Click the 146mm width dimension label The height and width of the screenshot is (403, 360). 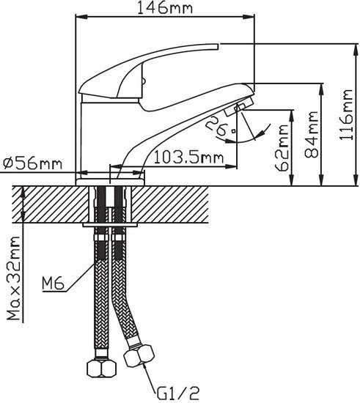165,7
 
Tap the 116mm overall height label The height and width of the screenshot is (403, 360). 345,114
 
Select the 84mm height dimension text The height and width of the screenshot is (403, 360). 311,134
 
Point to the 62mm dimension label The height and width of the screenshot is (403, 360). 282,147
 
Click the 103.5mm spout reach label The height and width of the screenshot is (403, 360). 188,157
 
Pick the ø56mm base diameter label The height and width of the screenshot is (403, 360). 33,163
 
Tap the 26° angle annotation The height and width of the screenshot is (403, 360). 221,127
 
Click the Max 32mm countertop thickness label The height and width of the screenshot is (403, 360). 13,278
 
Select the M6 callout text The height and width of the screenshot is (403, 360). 53,284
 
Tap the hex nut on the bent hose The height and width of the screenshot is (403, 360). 139,355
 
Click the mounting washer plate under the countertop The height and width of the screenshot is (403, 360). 110,225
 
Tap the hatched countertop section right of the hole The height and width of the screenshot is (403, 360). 170,204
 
